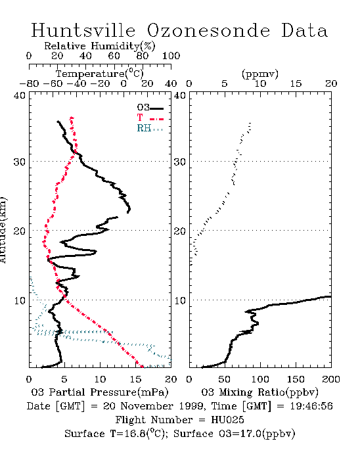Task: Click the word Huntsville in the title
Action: [83, 30]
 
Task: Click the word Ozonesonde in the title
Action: [208, 30]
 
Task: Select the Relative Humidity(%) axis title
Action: [100, 46]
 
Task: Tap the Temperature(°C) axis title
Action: [100, 74]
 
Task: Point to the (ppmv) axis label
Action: [260, 74]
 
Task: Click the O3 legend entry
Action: [150, 108]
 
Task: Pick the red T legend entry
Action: [150, 118]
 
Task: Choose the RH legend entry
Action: [150, 128]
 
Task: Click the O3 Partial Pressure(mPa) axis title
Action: [100, 392]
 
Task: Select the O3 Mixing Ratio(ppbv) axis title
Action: [259, 392]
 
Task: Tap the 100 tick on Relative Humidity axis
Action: [171, 56]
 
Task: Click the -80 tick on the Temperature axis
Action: [29, 83]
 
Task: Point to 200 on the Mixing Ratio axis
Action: [331, 379]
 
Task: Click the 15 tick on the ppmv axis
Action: [296, 83]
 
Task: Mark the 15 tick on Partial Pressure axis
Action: [135, 379]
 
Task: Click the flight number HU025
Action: [227, 420]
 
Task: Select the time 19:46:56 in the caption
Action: [311, 406]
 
